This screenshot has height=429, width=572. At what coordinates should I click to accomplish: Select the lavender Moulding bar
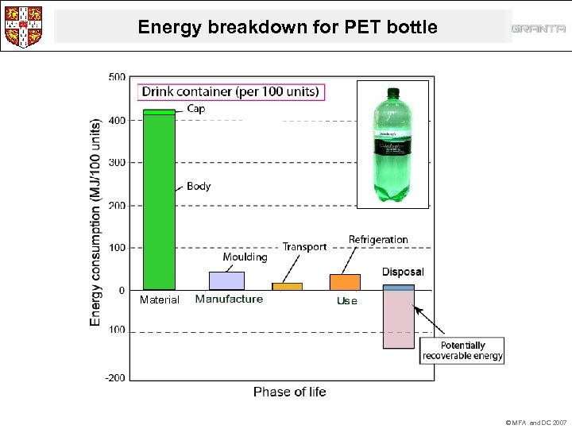[x=226, y=280]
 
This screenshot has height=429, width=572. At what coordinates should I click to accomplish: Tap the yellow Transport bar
[x=287, y=286]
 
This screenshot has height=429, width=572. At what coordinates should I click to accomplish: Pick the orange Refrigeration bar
[x=345, y=282]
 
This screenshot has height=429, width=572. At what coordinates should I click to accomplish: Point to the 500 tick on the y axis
[x=116, y=77]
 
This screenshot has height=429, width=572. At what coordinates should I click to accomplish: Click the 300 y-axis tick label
[x=116, y=162]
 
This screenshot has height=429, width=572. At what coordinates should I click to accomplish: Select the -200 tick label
[x=115, y=378]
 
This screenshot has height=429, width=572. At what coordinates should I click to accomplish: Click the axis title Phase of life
[x=289, y=392]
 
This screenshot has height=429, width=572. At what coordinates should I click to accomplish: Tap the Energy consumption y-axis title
[x=95, y=222]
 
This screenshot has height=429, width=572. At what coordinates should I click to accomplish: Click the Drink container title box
[x=230, y=91]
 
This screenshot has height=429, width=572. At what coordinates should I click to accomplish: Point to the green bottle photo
[x=393, y=143]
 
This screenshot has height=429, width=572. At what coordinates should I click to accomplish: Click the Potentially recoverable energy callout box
[x=462, y=350]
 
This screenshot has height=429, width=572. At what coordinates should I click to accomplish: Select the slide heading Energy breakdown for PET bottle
[x=287, y=27]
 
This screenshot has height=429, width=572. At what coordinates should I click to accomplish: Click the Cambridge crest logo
[x=24, y=25]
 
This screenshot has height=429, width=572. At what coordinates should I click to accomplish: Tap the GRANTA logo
[x=538, y=29]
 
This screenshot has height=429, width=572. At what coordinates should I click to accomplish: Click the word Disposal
[x=403, y=272]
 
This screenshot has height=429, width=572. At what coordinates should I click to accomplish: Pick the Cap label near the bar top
[x=195, y=109]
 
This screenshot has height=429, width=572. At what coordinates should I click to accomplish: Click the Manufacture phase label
[x=229, y=300]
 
